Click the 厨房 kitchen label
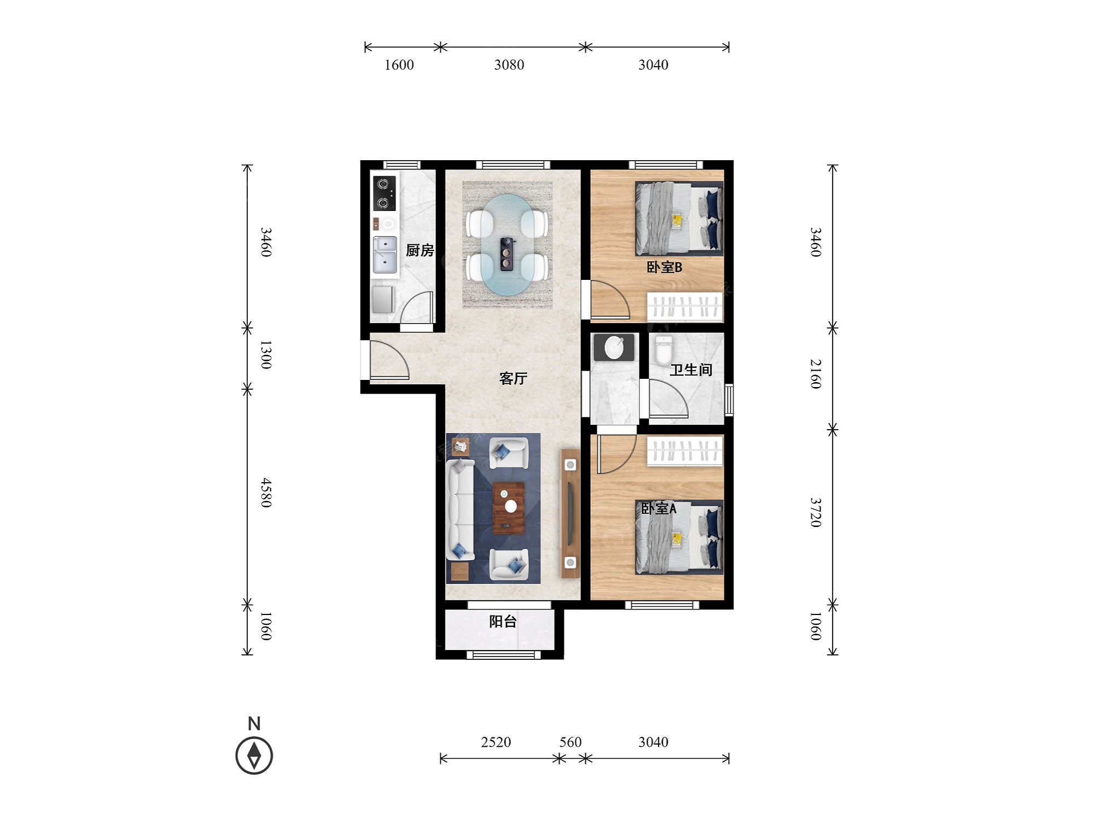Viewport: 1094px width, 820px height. (x=420, y=250)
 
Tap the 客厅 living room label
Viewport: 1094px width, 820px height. (x=513, y=378)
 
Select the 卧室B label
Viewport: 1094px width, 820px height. (x=664, y=267)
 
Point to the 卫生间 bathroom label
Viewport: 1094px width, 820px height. (x=691, y=370)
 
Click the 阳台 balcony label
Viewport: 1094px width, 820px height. (x=503, y=622)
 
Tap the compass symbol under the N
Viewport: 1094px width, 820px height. (x=254, y=755)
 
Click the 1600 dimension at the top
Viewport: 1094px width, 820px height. (x=399, y=65)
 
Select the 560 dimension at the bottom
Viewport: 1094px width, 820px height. (x=570, y=742)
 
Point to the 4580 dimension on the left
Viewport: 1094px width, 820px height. (x=266, y=493)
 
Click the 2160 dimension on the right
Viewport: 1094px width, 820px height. (x=816, y=374)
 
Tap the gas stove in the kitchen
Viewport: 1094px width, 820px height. (x=384, y=194)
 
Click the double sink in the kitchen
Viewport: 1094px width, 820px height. (x=385, y=254)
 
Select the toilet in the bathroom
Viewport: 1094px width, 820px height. (x=664, y=350)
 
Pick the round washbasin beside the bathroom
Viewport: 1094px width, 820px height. (x=614, y=348)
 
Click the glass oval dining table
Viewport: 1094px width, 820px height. (x=509, y=245)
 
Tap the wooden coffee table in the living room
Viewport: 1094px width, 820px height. (x=509, y=508)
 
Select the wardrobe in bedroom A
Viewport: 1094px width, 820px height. (x=685, y=452)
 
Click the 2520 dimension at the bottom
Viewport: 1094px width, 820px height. (x=496, y=742)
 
